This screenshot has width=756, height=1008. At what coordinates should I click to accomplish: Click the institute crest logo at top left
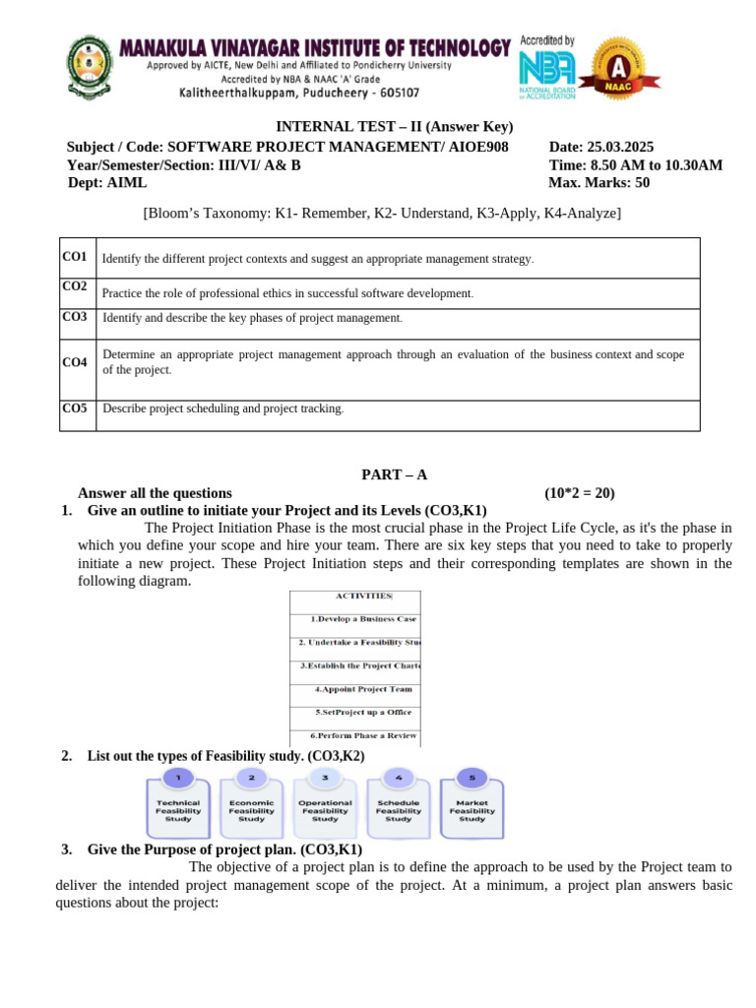pos(89,66)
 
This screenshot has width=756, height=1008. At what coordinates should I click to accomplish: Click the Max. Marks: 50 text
pos(598,182)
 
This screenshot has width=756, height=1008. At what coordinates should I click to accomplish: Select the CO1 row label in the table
pos(76,257)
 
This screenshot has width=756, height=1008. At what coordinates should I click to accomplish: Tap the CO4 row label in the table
pos(76,362)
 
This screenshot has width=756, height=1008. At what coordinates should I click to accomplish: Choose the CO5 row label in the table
pos(76,408)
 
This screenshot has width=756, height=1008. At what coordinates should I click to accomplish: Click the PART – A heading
pos(394,474)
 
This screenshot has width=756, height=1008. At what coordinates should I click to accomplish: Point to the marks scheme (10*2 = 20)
pos(580,493)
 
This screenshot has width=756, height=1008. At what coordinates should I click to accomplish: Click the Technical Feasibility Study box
pos(178,810)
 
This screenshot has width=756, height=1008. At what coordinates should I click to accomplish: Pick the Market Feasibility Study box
pos(472,810)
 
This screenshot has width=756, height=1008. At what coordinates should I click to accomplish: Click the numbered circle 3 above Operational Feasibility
pos(325,778)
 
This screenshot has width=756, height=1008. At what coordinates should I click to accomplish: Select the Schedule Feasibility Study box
pos(399,810)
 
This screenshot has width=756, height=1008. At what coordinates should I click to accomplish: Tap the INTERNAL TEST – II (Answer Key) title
pos(394,127)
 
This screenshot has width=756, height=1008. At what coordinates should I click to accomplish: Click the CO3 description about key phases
pos(252,318)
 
